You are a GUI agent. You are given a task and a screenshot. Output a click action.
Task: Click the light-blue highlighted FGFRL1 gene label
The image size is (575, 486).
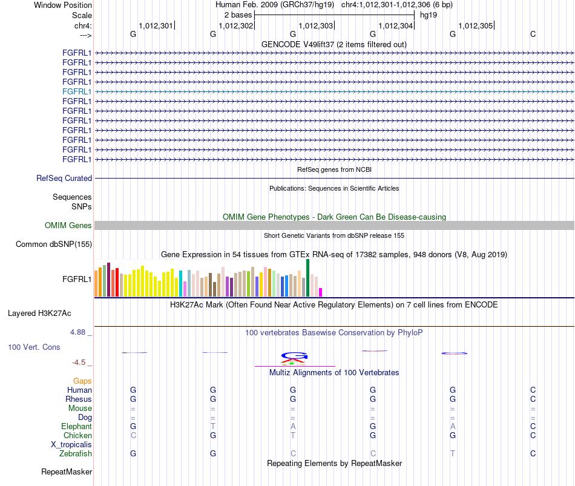pyautogui.click(x=77, y=92)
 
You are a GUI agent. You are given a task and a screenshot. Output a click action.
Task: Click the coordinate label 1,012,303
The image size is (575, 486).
pyautogui.click(x=315, y=25)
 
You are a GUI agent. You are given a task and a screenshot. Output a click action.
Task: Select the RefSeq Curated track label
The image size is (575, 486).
pyautogui.click(x=64, y=179)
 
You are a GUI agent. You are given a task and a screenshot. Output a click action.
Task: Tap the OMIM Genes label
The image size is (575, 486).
pyautogui.click(x=68, y=226)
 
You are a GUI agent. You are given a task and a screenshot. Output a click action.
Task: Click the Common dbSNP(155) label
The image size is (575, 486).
pyautogui.click(x=54, y=245)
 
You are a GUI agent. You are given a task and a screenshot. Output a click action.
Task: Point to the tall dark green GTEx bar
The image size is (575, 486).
pyautogui.click(x=307, y=278)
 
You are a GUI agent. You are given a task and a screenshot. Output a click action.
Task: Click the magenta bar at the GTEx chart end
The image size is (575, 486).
pyautogui.click(x=321, y=292)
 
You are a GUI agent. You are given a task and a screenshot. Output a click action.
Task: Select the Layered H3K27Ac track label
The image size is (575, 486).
pyautogui.click(x=39, y=314)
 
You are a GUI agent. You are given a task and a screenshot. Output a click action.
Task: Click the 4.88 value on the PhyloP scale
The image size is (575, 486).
pyautogui.click(x=77, y=332)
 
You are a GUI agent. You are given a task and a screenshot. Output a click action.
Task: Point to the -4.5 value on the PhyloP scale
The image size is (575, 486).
pyautogui.click(x=79, y=363)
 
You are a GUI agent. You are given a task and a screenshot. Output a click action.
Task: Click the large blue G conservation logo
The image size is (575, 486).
pyautogui.click(x=294, y=355)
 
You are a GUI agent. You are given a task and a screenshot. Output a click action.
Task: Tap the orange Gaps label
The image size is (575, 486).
pyautogui.click(x=82, y=381)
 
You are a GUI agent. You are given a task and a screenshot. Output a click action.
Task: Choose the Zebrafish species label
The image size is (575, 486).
pyautogui.click(x=76, y=454)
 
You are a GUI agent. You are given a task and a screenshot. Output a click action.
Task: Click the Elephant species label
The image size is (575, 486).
pyautogui.click(x=77, y=427)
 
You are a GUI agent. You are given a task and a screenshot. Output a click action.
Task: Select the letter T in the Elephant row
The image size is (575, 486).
pyautogui.click(x=213, y=427)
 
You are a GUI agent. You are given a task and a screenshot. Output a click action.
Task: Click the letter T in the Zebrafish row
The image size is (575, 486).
pyautogui.click(x=453, y=454)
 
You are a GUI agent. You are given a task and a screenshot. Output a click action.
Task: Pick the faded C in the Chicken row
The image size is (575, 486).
pyautogui.click(x=133, y=435)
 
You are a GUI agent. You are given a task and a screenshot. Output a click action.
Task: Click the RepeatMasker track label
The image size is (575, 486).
pyautogui.click(x=67, y=471)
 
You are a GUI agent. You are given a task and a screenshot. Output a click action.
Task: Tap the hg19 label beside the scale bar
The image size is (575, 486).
pyautogui.click(x=429, y=15)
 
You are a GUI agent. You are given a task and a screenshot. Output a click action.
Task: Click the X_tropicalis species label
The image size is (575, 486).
pyautogui.click(x=71, y=445)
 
